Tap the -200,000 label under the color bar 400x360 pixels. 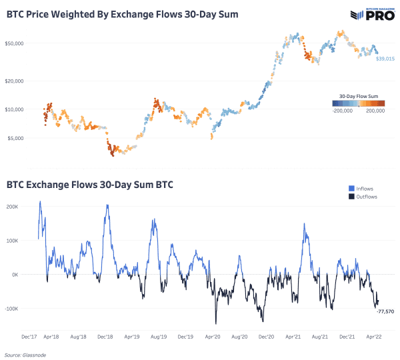coord(344,111)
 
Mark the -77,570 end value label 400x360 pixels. coord(385,311)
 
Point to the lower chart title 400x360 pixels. coord(91,183)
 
